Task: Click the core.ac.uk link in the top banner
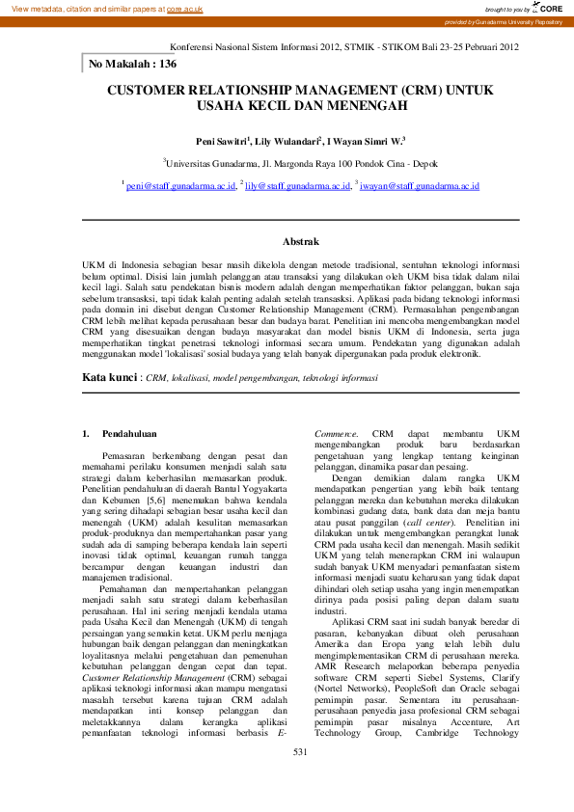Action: tap(184, 8)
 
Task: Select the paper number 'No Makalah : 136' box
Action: tap(133, 64)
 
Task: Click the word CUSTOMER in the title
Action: tap(153, 91)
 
